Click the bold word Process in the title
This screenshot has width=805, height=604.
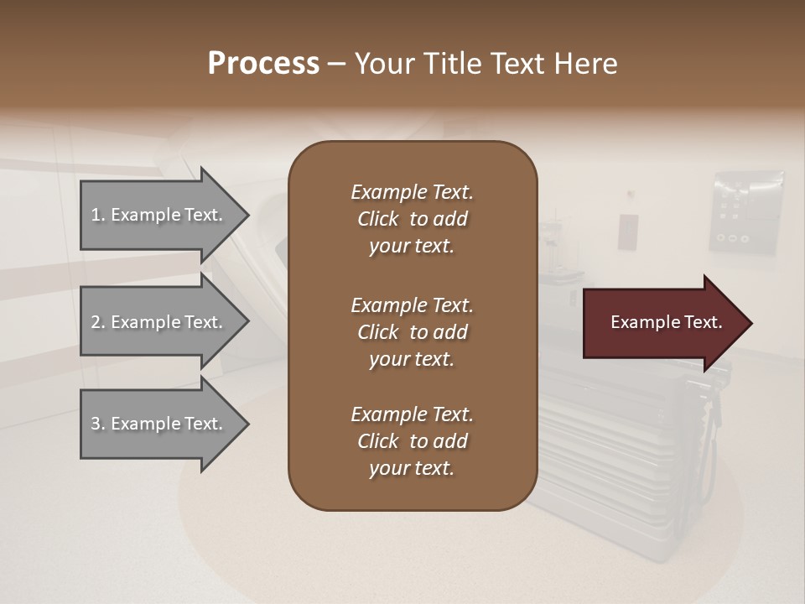point(263,65)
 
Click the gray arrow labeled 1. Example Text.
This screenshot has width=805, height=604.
point(159,216)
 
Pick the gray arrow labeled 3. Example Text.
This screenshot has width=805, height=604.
point(159,424)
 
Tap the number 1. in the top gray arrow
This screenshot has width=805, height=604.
point(98,216)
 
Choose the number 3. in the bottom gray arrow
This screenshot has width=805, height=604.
point(98,424)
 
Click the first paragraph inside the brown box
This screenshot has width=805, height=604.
point(412,219)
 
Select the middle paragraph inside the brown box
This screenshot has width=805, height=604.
point(412,332)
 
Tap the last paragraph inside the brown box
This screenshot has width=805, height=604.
point(412,441)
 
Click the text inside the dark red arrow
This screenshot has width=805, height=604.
point(667,323)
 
